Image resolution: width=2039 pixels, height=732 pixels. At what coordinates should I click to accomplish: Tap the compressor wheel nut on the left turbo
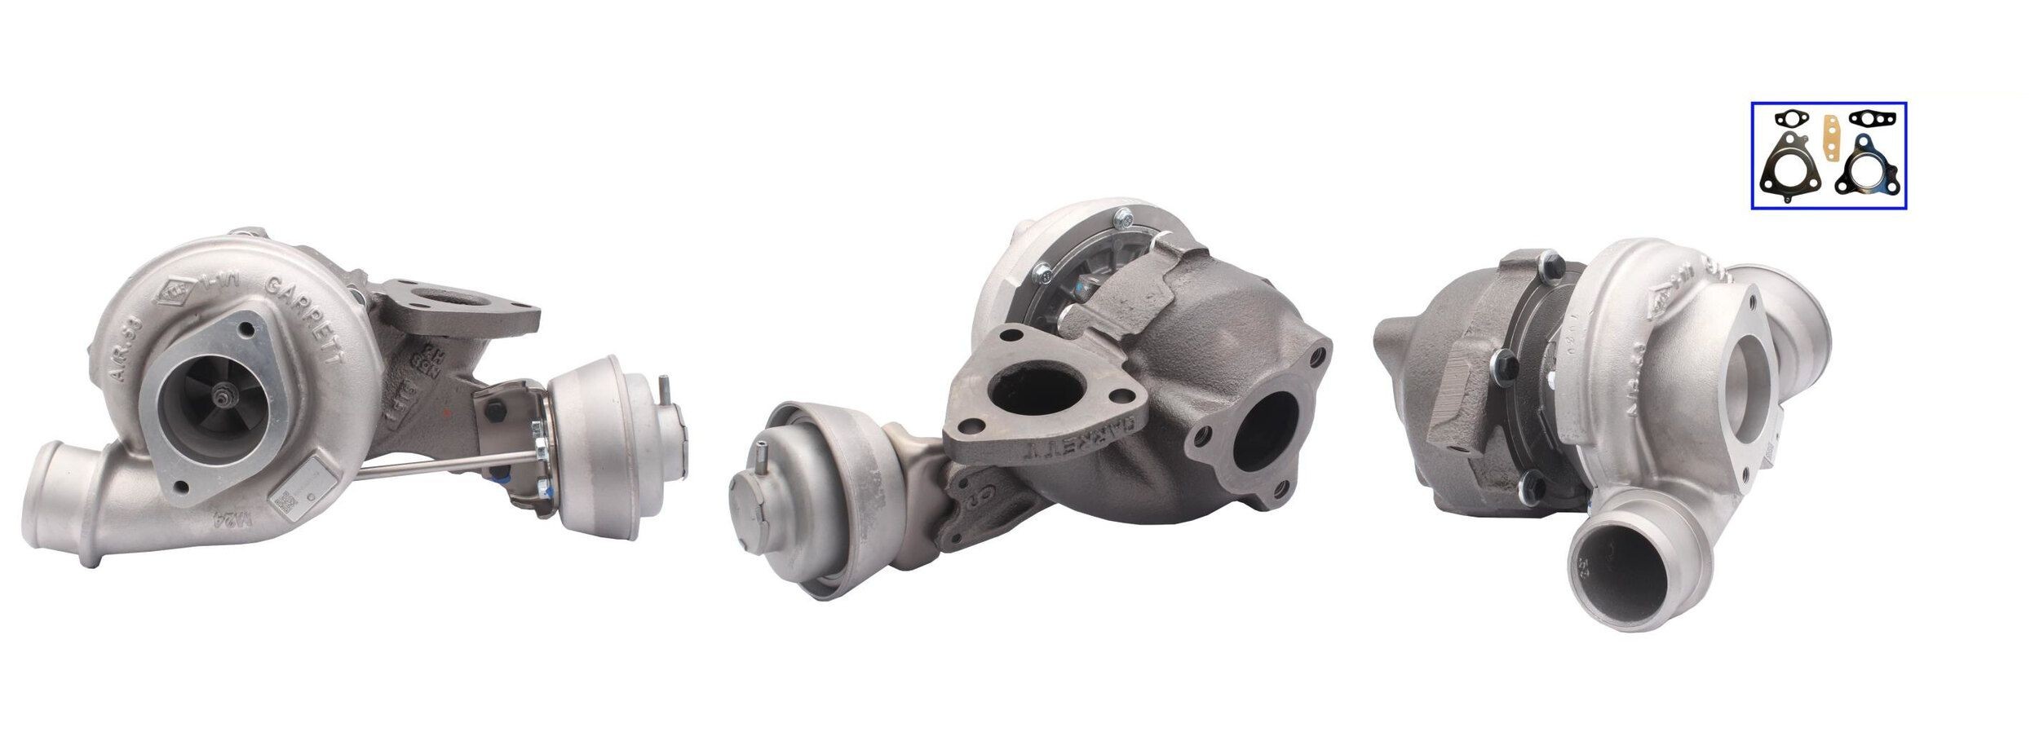click(x=221, y=395)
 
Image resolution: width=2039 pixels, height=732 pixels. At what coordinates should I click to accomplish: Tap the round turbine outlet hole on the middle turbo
click(x=1263, y=434)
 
